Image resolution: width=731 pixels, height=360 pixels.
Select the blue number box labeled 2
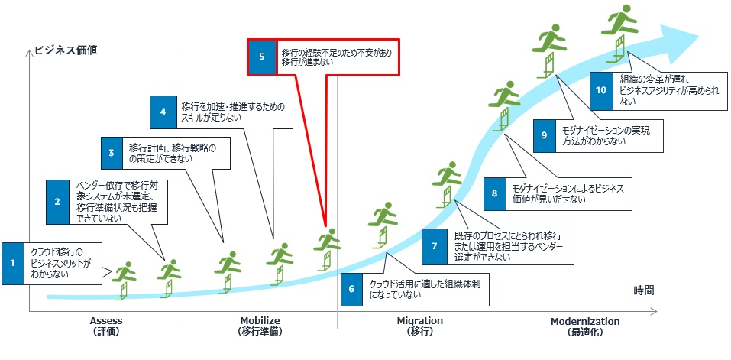coord(57,202)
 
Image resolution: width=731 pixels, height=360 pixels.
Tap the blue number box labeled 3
coord(112,153)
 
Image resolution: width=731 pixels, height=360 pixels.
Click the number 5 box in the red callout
coord(261,57)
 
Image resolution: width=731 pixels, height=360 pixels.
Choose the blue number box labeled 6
coord(351,289)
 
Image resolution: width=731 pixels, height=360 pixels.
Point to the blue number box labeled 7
coord(434,246)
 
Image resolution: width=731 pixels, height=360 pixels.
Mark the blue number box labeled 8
coord(494,193)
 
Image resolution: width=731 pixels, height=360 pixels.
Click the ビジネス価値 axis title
coord(66,51)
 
